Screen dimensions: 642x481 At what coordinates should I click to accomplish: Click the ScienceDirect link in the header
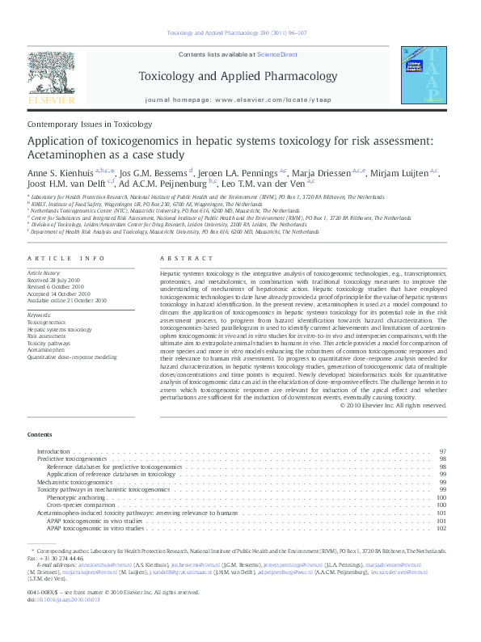pyautogui.click(x=277, y=55)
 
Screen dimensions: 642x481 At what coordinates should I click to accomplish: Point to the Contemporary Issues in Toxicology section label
pyautogui.click(x=90, y=125)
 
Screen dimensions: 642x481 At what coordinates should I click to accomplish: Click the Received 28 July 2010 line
pyautogui.click(x=55, y=280)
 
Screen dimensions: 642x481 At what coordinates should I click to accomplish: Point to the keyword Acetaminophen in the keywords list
pyautogui.click(x=49, y=349)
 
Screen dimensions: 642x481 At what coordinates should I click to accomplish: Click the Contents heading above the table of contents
pyautogui.click(x=40, y=434)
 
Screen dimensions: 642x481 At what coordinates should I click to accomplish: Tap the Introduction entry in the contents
pyautogui.click(x=53, y=450)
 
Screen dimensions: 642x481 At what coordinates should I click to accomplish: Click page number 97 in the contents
pyautogui.click(x=443, y=450)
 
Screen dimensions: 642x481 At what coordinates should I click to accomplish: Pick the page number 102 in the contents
pyautogui.click(x=441, y=528)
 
